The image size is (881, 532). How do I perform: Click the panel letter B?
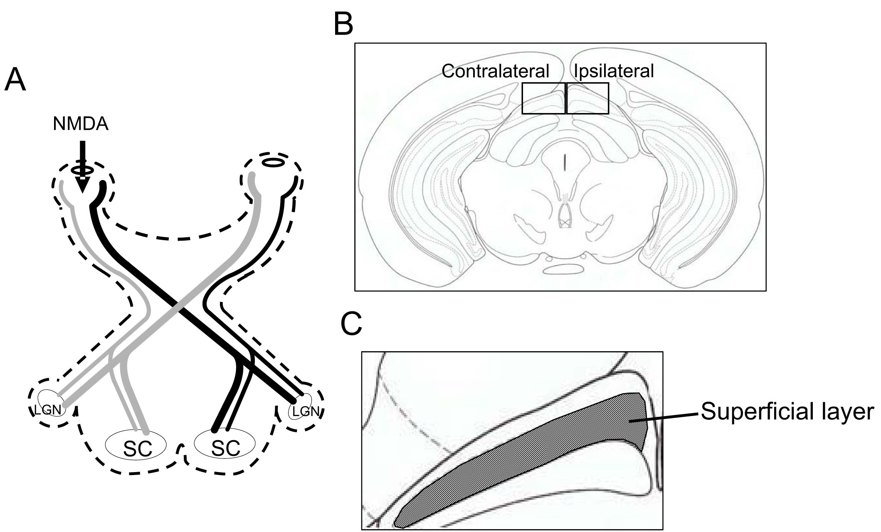pyautogui.click(x=343, y=24)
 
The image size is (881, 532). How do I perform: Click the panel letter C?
pyautogui.click(x=351, y=324)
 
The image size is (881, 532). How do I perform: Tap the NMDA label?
pyautogui.click(x=81, y=124)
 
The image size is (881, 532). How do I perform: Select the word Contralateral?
pyautogui.click(x=495, y=71)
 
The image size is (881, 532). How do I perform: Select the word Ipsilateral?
pyautogui.click(x=614, y=71)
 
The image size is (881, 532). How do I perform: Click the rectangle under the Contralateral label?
pyautogui.click(x=543, y=98)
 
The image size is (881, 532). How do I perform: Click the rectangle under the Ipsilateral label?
pyautogui.click(x=587, y=98)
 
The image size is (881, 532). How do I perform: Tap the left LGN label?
pyautogui.click(x=48, y=410)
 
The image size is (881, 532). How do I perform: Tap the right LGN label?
pyautogui.click(x=306, y=411)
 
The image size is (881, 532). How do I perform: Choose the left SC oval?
pyautogui.click(x=136, y=445)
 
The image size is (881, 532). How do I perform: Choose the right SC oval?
pyautogui.click(x=225, y=445)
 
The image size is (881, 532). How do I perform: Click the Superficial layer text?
pyautogui.click(x=787, y=411)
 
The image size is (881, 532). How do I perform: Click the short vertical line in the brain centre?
pyautogui.click(x=564, y=163)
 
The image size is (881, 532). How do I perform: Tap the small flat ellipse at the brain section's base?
pyautogui.click(x=563, y=269)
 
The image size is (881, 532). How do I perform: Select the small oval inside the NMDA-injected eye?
pyautogui.click(x=83, y=170)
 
